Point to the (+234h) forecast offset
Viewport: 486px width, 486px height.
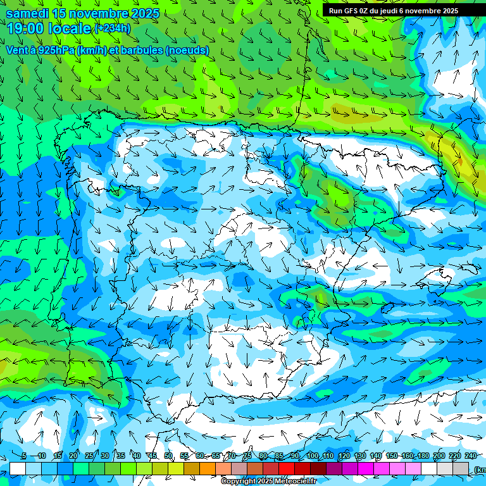[x=112, y=28]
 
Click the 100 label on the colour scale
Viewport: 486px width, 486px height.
[x=312, y=456]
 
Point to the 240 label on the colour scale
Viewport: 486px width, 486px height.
[x=471, y=456]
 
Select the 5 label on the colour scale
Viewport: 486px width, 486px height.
[x=23, y=456]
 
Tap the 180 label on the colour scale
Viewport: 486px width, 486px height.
[x=423, y=456]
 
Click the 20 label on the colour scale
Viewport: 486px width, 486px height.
[x=73, y=456]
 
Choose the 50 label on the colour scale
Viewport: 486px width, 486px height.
[x=168, y=456]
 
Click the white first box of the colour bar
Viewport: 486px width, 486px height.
[x=18, y=468]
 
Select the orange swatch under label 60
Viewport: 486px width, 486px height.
[x=208, y=468]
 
